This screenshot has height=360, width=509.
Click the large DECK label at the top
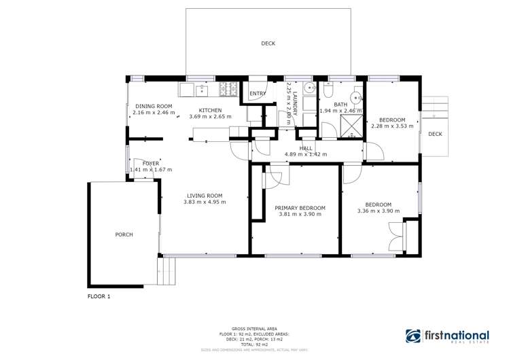pyautogui.click(x=268, y=43)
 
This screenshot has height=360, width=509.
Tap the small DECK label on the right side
pyautogui.click(x=435, y=134)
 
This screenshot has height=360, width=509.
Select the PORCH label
pyautogui.click(x=124, y=234)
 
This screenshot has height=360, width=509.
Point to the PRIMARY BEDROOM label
pyautogui.click(x=300, y=208)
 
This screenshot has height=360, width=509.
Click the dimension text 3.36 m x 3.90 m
pyautogui.click(x=378, y=211)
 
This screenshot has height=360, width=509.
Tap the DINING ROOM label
pyautogui.click(x=154, y=106)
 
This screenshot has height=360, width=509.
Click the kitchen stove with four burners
pyautogui.click(x=227, y=88)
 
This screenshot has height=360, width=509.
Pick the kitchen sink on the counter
pyautogui.click(x=202, y=88)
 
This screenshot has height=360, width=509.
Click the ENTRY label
pyautogui.click(x=258, y=94)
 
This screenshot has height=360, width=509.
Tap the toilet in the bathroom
pyautogui.click(x=328, y=90)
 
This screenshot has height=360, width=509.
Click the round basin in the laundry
pyautogui.click(x=309, y=88)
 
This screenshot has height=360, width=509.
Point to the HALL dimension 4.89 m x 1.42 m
pyautogui.click(x=305, y=154)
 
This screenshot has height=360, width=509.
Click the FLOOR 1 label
pyautogui.click(x=99, y=297)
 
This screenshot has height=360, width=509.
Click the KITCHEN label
pyautogui.click(x=210, y=110)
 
